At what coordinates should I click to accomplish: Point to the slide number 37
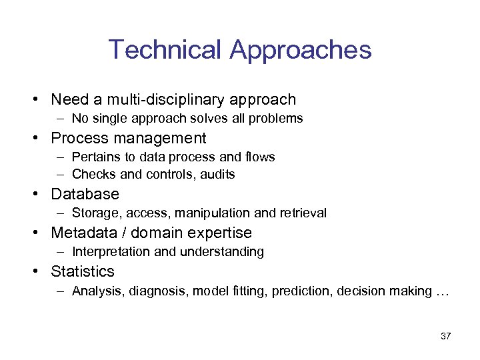(x=446, y=336)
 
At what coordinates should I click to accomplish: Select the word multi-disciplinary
(x=166, y=100)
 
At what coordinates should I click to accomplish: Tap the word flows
(x=260, y=157)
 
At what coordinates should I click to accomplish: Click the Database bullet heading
(x=85, y=195)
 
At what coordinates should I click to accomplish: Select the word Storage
(x=93, y=213)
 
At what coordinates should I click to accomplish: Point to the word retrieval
(x=303, y=213)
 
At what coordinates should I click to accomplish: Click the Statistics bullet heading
(x=83, y=272)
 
